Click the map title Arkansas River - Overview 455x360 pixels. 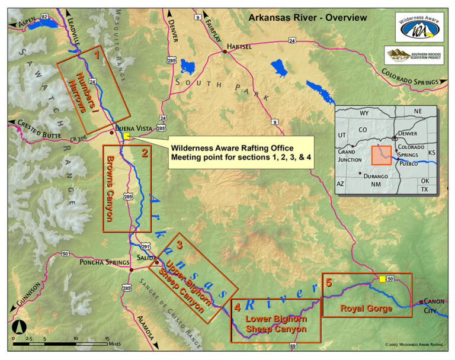click(x=307, y=18)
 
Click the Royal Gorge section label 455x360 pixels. click(x=366, y=308)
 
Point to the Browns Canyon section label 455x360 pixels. click(x=111, y=188)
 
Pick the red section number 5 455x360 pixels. click(x=329, y=282)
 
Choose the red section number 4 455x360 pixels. click(x=237, y=307)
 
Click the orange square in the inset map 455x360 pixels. click(x=381, y=156)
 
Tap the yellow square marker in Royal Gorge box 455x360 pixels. click(x=383, y=278)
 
